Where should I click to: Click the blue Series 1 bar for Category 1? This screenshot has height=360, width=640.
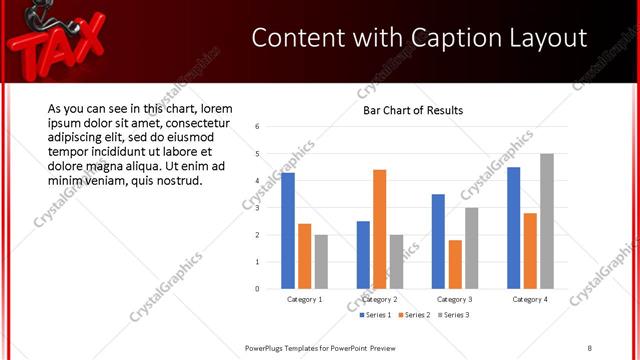point(288,230)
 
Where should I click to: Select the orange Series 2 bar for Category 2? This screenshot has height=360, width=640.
point(379,229)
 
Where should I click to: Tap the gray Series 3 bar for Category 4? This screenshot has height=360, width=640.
point(547,221)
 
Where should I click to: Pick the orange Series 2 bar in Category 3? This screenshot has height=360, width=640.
point(455,264)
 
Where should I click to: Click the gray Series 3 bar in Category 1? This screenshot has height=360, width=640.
point(321,261)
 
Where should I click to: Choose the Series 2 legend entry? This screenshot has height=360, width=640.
point(414,315)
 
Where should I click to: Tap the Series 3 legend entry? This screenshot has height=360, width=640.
point(452,315)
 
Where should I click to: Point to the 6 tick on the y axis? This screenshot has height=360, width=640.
point(258,127)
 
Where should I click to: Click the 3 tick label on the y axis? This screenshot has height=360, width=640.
point(258,208)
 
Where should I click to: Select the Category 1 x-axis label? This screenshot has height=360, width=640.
point(305,299)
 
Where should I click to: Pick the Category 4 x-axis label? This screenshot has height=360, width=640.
point(530,299)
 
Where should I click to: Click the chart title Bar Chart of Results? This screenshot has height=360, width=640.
point(413,110)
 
